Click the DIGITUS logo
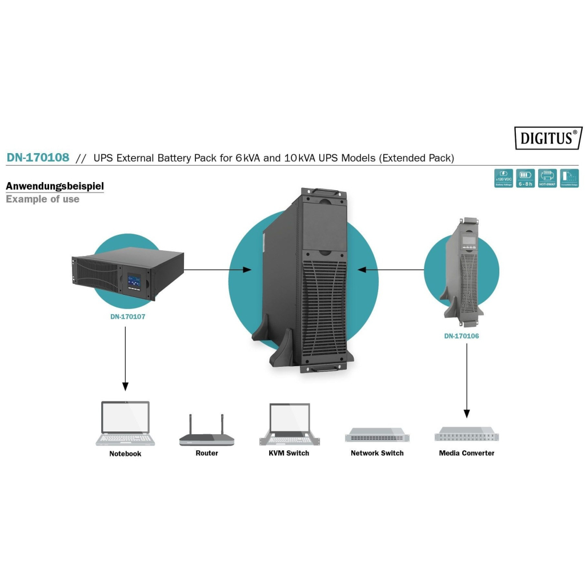click(548, 138)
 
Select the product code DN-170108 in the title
click(38, 158)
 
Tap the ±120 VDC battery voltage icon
click(503, 178)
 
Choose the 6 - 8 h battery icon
click(525, 178)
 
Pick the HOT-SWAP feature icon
click(547, 178)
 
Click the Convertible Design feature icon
click(569, 178)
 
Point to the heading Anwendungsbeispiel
click(55, 186)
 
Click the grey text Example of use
click(42, 199)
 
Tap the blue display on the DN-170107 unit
click(135, 280)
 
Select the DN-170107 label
click(127, 316)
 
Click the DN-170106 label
click(462, 336)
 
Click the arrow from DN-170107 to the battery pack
click(217, 269)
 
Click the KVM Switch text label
click(289, 453)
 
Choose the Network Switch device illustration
click(376, 435)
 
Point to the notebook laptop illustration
click(125, 423)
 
